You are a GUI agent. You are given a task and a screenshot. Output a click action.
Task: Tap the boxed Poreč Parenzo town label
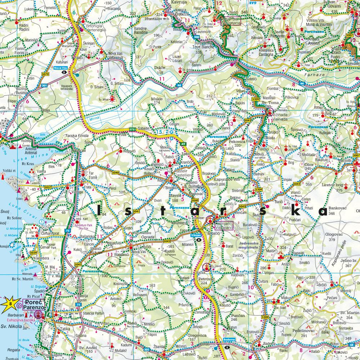click(x=33, y=305)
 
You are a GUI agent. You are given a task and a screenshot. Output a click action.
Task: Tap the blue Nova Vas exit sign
click(x=60, y=67)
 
